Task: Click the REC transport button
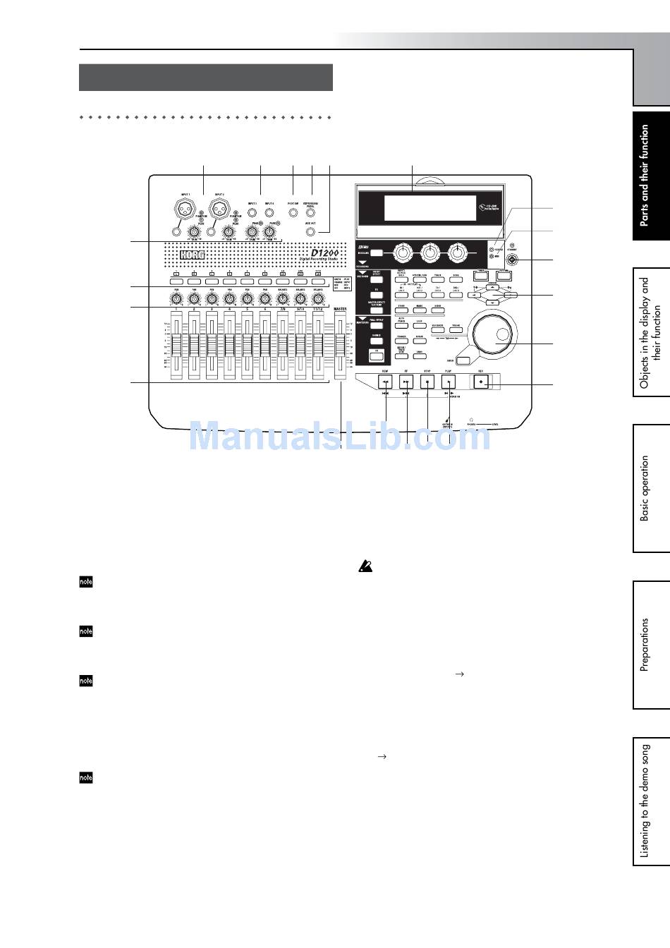click(x=481, y=382)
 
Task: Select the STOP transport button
click(x=427, y=382)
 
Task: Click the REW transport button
click(x=386, y=382)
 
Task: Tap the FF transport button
click(x=406, y=382)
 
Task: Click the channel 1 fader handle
click(x=176, y=346)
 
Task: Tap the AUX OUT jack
click(x=310, y=231)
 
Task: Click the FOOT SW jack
click(x=293, y=211)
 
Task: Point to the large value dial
click(x=494, y=334)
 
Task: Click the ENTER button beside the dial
click(x=463, y=361)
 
